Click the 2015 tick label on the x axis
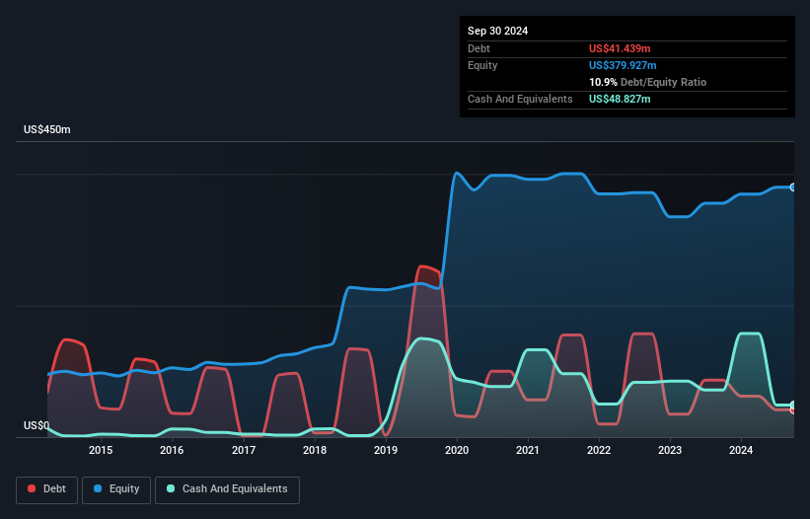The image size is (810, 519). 101,451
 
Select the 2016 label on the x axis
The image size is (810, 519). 172,451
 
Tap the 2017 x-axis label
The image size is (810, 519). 244,451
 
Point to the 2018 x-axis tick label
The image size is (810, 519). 315,451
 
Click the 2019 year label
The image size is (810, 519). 386,451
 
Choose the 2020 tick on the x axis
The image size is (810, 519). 457,451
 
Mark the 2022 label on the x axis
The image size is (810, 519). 599,451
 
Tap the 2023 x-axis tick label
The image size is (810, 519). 670,451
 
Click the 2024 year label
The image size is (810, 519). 741,451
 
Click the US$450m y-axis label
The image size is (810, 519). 47,130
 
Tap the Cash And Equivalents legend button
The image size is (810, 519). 227,489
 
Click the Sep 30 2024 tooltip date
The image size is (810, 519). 497,31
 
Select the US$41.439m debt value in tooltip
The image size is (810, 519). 620,48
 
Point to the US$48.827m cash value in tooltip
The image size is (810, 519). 620,99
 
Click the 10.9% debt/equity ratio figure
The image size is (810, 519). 604,82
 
